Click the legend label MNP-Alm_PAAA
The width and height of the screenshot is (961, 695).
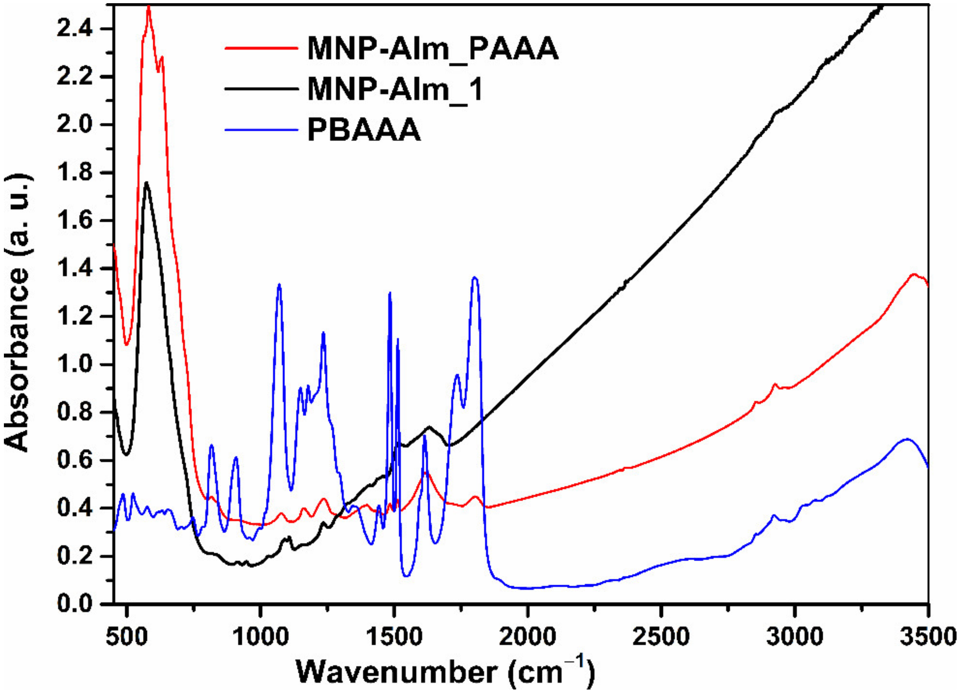click(x=432, y=50)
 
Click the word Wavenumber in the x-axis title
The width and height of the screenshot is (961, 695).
click(x=396, y=672)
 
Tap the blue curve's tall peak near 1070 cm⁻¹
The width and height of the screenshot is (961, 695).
click(x=279, y=284)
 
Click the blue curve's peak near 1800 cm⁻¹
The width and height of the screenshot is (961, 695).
click(x=474, y=278)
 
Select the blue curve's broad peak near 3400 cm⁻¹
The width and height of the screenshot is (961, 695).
click(x=907, y=439)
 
